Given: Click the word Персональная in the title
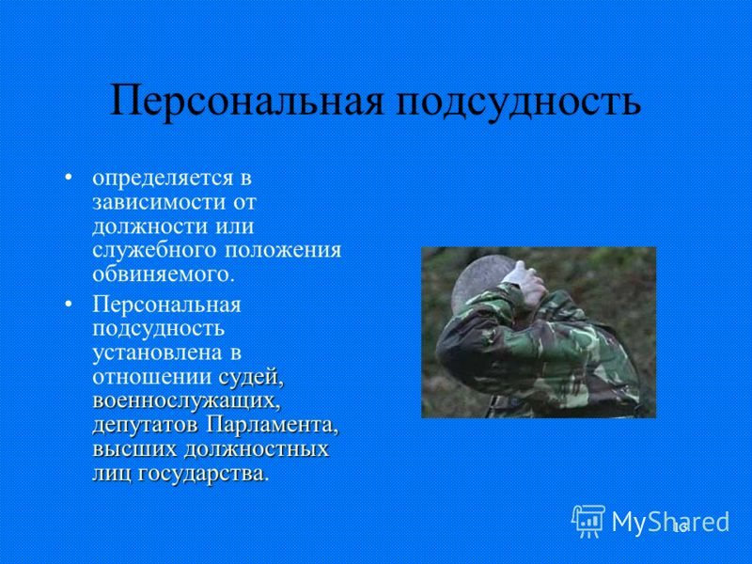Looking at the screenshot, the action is point(247,102).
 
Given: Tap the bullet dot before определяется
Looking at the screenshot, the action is point(69,179).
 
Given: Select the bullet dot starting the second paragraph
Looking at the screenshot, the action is point(69,304).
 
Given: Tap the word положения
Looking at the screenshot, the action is point(283,250).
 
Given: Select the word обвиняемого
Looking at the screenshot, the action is point(164,274).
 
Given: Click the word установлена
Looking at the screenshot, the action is point(157,353).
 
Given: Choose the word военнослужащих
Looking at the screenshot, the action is point(186,401).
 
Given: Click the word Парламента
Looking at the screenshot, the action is point(273,425).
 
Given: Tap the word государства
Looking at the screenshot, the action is point(202,474).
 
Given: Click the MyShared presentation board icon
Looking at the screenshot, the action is point(587,521).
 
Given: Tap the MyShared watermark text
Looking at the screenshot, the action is point(670,522).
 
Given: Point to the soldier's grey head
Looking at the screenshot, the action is point(479,279).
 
